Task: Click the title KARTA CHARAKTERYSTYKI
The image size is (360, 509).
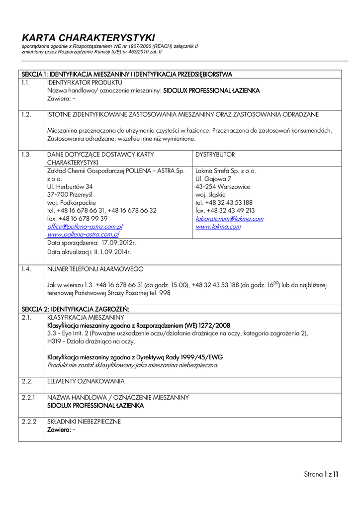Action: click(x=89, y=38)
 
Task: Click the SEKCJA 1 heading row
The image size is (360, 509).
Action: click(x=127, y=74)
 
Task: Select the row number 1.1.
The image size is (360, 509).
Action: click(x=26, y=83)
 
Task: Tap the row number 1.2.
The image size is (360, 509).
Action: click(x=26, y=114)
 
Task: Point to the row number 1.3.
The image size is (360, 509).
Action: click(x=26, y=155)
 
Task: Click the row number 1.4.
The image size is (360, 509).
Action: click(x=26, y=269)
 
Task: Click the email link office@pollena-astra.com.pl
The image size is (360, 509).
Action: click(x=85, y=226)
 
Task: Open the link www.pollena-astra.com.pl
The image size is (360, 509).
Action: click(x=84, y=234)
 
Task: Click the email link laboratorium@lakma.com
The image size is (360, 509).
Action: click(x=230, y=218)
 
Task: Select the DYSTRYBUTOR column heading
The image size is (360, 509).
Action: click(x=215, y=155)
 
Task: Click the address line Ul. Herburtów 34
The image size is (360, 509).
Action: click(x=70, y=186)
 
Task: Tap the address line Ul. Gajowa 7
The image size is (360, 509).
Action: click(x=213, y=178)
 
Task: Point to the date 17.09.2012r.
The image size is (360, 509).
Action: click(x=119, y=243)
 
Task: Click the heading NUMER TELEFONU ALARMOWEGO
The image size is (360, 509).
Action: click(x=95, y=269)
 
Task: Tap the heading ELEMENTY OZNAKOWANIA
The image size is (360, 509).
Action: click(x=86, y=381)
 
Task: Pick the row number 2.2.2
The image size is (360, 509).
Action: click(x=29, y=421)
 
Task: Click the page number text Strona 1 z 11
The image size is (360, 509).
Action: click(x=321, y=474)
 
